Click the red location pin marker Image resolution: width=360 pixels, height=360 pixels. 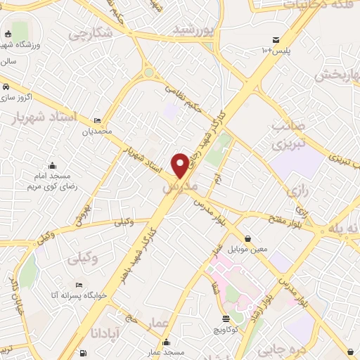(x=180, y=165)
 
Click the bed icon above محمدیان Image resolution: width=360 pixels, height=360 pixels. (x=96, y=120)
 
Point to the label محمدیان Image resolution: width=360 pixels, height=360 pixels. (x=96, y=131)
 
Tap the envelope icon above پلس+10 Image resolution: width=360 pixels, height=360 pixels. (x=276, y=39)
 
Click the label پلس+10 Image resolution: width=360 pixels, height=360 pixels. (x=276, y=51)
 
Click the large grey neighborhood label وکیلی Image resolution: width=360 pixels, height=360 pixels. (x=83, y=259)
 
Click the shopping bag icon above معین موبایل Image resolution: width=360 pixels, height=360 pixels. (x=249, y=238)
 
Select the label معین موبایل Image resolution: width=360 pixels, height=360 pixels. (x=249, y=249)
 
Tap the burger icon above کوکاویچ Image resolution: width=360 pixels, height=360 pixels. (x=226, y=318)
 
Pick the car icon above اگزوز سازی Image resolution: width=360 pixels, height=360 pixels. (x=6, y=86)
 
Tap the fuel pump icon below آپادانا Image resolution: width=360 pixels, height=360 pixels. (x=84, y=352)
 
